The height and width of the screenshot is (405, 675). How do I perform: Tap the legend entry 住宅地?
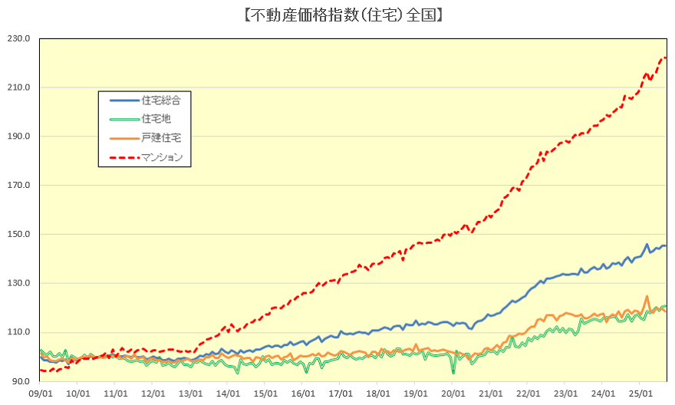(156, 119)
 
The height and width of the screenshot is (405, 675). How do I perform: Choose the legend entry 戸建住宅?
(161, 137)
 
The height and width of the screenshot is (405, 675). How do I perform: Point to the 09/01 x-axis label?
(40, 393)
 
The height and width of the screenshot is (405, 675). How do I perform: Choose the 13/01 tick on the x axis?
(190, 393)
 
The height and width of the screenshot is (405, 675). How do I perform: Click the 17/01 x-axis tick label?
(341, 393)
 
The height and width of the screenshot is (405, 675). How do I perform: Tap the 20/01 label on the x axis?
(453, 393)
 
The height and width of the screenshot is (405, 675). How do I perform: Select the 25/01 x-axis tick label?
(641, 393)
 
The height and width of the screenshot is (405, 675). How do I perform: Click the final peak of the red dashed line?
(664, 58)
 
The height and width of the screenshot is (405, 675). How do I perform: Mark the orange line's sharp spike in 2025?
(647, 296)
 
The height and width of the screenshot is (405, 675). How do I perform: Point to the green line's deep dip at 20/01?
(453, 372)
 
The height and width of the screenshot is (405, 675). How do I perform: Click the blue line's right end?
(665, 245)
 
